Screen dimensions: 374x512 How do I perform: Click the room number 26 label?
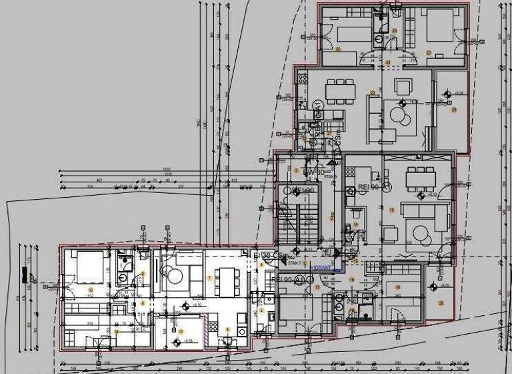tap(338, 49)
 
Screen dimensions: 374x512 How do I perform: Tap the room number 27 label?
tap(429, 53)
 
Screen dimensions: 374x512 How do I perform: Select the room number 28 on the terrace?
tap(454, 110)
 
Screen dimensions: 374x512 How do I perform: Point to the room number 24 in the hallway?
tap(387, 62)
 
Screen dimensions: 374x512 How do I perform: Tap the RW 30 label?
tap(313, 172)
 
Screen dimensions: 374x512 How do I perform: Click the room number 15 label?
tap(392, 211)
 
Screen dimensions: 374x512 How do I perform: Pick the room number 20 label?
tap(440, 303)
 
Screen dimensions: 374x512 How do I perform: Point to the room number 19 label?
tap(397, 288)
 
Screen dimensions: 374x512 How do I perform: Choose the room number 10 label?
tap(91, 289)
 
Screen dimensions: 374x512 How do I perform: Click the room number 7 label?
tap(209, 278)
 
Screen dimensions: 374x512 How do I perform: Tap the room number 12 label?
tap(181, 331)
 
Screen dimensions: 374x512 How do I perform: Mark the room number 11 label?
tap(116, 331)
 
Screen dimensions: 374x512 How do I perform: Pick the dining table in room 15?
tap(421, 177)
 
